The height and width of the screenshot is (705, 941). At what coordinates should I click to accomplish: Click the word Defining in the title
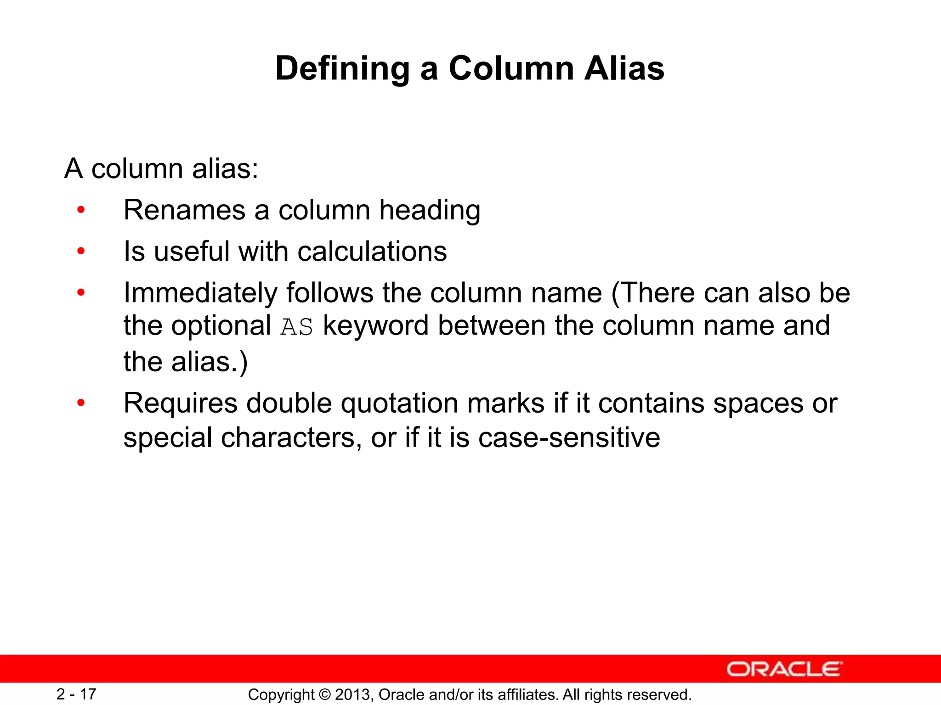[342, 69]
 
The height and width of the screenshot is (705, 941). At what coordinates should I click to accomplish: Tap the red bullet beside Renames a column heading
[81, 211]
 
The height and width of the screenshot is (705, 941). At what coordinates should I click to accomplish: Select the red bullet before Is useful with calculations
[81, 252]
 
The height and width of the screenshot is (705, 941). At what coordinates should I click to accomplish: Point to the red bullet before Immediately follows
[81, 293]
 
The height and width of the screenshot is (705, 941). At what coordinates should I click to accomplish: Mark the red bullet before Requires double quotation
[81, 403]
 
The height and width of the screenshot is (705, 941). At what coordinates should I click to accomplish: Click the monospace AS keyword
[297, 327]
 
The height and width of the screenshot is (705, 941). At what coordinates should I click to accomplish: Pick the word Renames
[184, 211]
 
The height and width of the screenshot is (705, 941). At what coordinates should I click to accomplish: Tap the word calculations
[372, 252]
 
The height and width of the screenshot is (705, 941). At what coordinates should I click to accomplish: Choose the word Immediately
[200, 293]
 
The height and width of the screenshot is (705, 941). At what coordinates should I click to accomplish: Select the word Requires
[181, 403]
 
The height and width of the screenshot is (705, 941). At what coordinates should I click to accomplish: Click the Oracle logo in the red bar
[784, 669]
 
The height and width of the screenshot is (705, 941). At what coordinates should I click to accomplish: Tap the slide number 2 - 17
[76, 694]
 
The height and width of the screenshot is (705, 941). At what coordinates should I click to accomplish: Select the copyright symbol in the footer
[324, 695]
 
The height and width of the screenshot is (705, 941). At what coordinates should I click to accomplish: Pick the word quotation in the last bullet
[399, 403]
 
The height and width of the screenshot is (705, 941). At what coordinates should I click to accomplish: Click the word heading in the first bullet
[430, 211]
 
